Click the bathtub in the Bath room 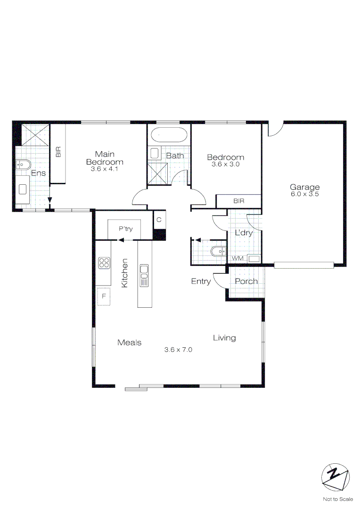pyautogui.click(x=169, y=134)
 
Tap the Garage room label pyautogui.click(x=304, y=187)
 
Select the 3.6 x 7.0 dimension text pyautogui.click(x=178, y=350)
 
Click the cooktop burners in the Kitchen pyautogui.click(x=104, y=263)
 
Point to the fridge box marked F pyautogui.click(x=104, y=296)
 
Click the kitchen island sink pyautogui.click(x=144, y=276)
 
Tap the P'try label pyautogui.click(x=126, y=229)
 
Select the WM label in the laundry pyautogui.click(x=237, y=258)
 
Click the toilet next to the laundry pyautogui.click(x=219, y=251)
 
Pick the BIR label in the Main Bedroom pyautogui.click(x=58, y=152)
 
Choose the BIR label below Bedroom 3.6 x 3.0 pyautogui.click(x=238, y=201)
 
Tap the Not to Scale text pyautogui.click(x=338, y=499)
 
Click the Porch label pyautogui.click(x=246, y=281)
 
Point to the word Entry pyautogui.click(x=201, y=281)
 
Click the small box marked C pyautogui.click(x=159, y=220)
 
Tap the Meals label pyautogui.click(x=130, y=343)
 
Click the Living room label pyautogui.click(x=224, y=338)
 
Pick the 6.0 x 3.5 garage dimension pyautogui.click(x=305, y=194)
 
